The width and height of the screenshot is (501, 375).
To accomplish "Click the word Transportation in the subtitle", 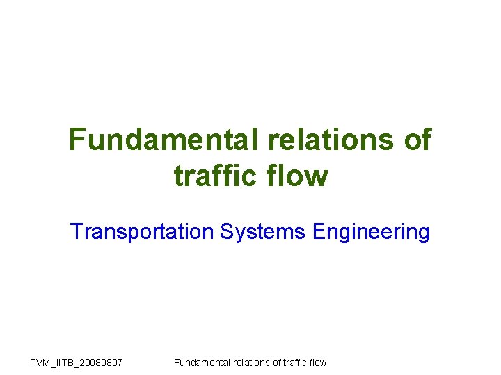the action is coord(143,231).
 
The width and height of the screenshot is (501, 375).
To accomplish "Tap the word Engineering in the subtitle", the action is coord(371,231).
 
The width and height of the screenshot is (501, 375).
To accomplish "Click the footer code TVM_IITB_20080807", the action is coord(77,362).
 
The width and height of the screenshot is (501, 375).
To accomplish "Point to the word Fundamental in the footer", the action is coord(201,362).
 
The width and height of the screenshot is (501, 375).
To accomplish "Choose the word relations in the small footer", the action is coord(249,362).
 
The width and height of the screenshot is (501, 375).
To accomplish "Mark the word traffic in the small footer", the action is coord(294,362).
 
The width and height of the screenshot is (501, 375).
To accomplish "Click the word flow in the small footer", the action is coord(317,362).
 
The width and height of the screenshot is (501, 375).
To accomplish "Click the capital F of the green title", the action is coord(77,140).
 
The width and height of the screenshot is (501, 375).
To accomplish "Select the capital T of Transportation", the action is coord(76,231).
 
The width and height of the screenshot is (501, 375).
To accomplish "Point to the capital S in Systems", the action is coord(226,231).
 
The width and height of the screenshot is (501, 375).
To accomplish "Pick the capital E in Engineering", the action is coord(319,231).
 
